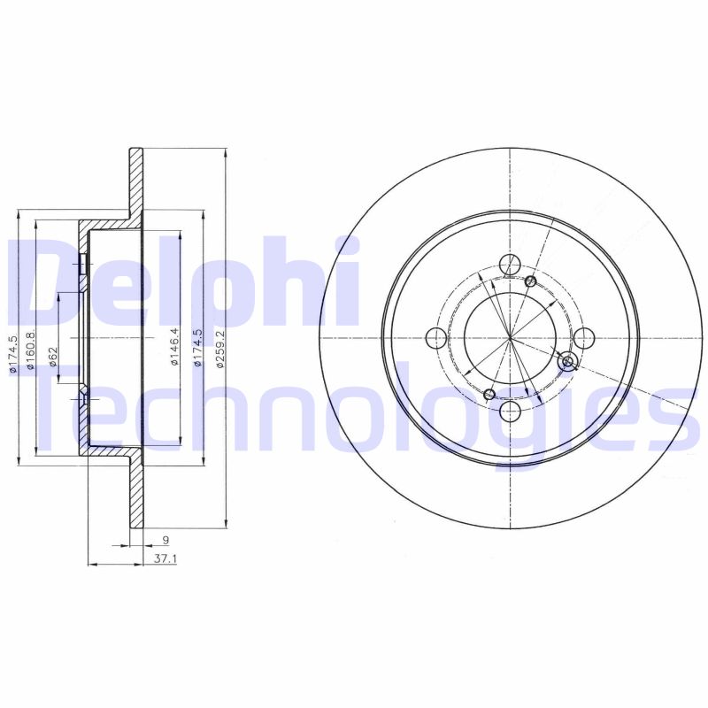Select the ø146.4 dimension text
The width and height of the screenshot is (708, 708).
174,347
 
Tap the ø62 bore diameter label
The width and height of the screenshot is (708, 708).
52,357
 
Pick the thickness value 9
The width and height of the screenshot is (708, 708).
165,539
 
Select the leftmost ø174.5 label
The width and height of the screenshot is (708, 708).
12,353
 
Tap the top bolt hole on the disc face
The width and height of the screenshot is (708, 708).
511,264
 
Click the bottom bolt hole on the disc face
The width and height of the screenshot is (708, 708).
511,412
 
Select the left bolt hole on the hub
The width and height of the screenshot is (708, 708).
436,338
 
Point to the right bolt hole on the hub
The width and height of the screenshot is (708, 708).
584,338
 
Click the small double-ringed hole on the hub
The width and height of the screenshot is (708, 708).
568,360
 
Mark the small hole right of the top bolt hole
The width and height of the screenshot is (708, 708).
530,281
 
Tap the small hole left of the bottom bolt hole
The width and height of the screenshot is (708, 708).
489,394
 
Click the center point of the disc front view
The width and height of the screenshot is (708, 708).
511,338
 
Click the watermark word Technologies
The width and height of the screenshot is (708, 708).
354,416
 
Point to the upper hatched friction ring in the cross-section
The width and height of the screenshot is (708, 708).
135,181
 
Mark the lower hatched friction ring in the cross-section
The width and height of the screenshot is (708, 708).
135,496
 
